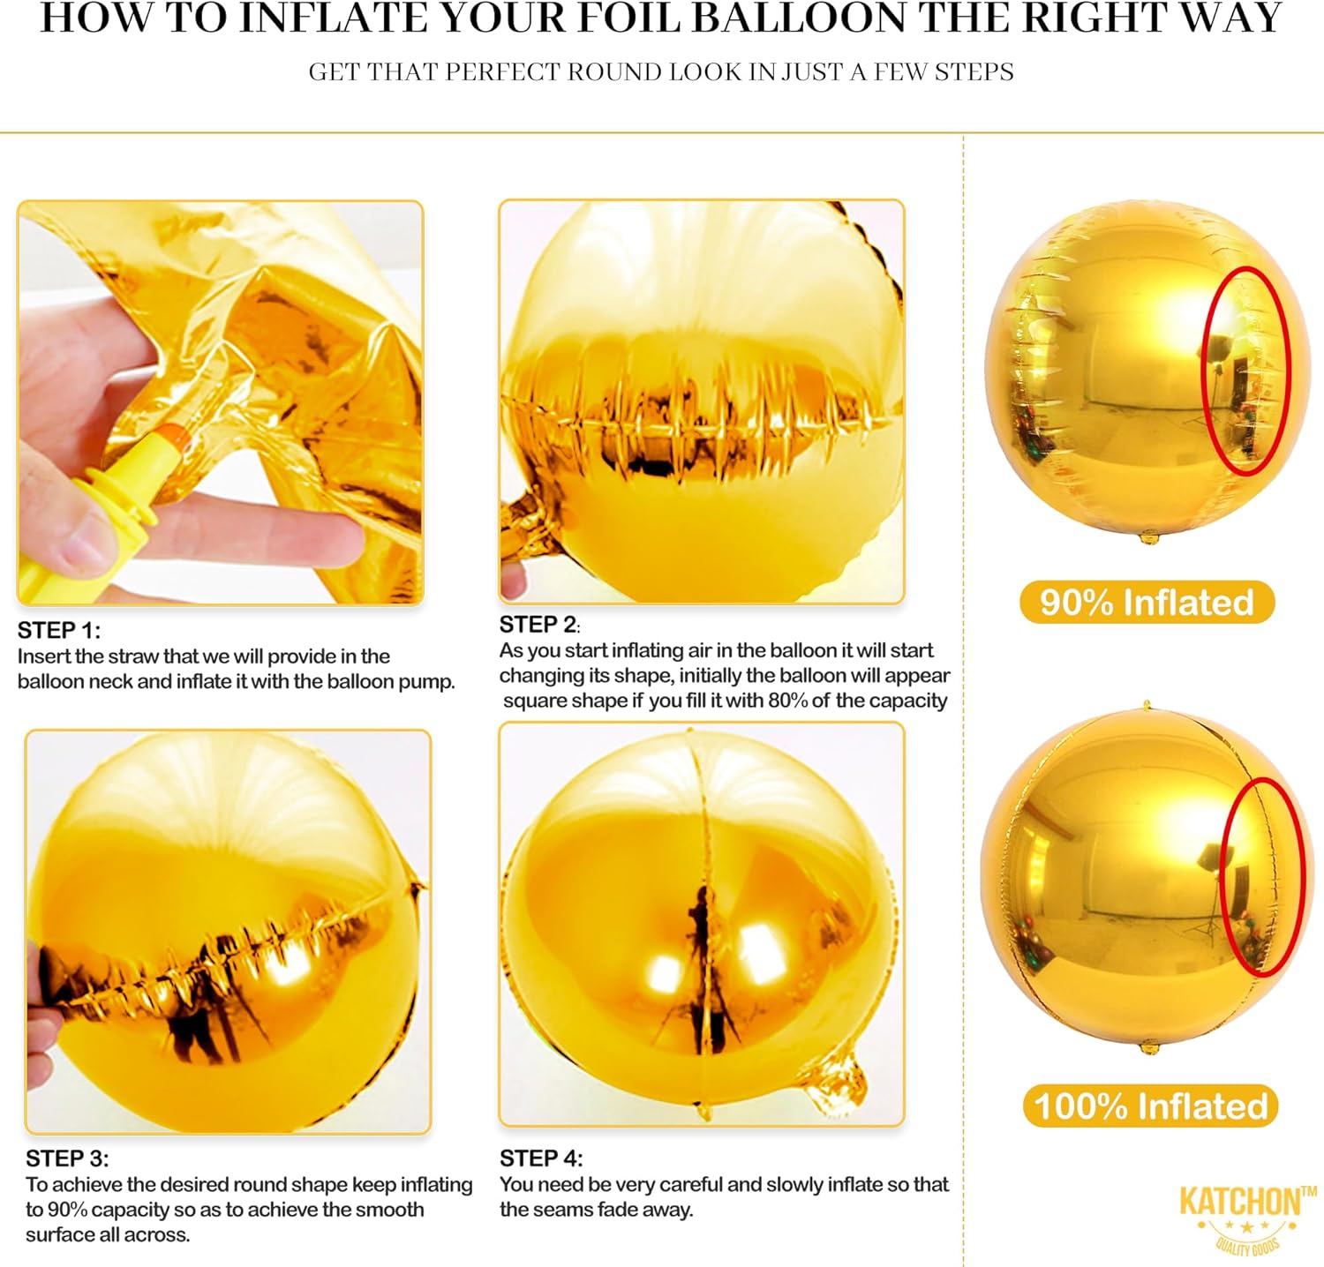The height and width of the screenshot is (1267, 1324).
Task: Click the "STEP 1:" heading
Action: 59,630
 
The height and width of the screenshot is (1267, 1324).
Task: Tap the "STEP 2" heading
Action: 539,625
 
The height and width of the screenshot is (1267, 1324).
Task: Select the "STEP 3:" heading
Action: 67,1158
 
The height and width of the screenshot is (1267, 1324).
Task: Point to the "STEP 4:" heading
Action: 541,1158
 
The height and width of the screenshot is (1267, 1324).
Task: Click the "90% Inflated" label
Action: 1147,603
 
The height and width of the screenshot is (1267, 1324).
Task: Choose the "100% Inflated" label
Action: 1150,1106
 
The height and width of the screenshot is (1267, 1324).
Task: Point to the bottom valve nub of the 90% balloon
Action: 1148,536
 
